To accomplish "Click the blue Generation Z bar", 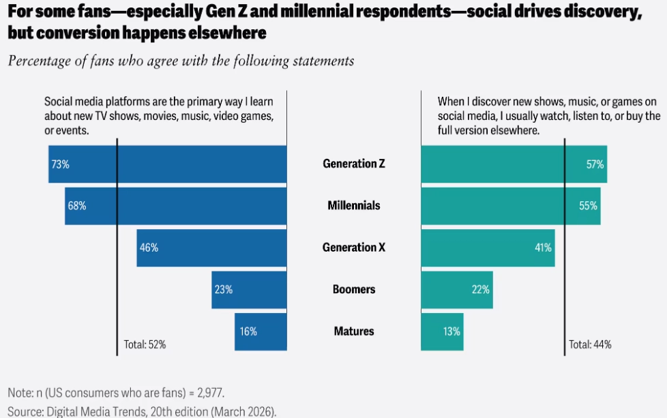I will [x=167, y=164].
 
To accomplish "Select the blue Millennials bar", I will [x=175, y=205].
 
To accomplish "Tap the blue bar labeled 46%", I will [x=211, y=248].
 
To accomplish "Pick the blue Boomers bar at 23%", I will [x=249, y=289].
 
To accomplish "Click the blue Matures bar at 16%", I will [x=261, y=331].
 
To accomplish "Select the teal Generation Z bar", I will [x=514, y=164].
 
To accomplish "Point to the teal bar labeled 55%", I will [x=511, y=205].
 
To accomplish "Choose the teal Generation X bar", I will [x=488, y=248].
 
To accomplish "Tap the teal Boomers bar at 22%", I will [x=456, y=289].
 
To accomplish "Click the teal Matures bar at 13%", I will [x=442, y=331].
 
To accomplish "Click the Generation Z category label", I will [x=354, y=164].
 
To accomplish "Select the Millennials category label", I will [x=354, y=205].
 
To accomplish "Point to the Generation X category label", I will [x=354, y=248].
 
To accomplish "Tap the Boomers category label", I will [x=354, y=289].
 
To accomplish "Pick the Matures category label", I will [x=354, y=331].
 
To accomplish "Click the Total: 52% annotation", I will [x=145, y=344].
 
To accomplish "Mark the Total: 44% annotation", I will [x=590, y=344].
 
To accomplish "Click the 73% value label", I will [x=59, y=164].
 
